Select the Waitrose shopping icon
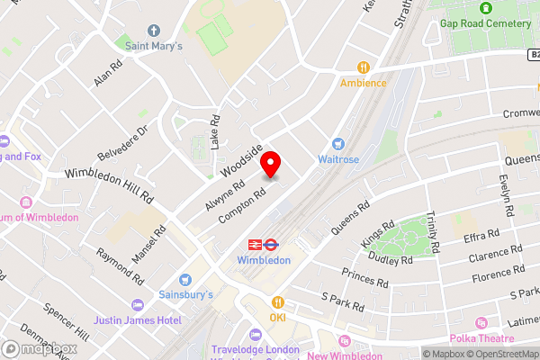338,143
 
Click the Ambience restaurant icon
364,67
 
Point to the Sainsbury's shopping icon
185,280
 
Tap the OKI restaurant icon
278,302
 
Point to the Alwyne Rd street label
224,196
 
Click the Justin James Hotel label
137,319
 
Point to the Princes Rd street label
366,278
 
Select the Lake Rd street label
215,131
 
